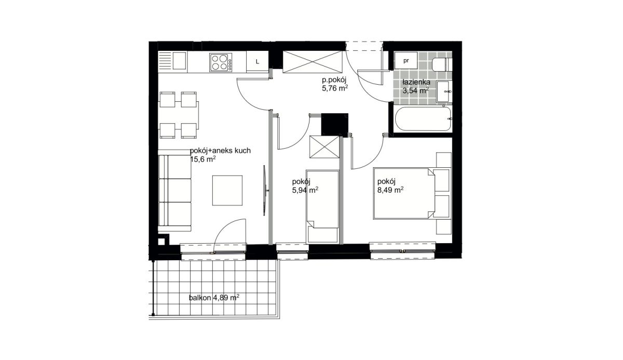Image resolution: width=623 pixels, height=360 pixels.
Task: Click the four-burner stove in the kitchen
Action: (x=221, y=62)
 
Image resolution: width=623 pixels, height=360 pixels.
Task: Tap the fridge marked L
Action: (x=258, y=62)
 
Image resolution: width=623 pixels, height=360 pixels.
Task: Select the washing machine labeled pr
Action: (x=406, y=60)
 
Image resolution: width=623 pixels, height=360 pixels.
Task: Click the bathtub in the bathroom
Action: (x=423, y=119)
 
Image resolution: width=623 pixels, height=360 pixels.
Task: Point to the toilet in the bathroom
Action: (x=442, y=65)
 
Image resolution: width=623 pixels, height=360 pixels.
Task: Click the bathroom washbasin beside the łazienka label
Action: (x=444, y=91)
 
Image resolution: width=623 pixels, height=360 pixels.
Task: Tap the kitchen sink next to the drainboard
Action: (x=180, y=61)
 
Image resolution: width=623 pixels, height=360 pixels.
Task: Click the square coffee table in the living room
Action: (x=227, y=191)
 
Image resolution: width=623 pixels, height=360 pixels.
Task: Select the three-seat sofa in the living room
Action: (x=174, y=191)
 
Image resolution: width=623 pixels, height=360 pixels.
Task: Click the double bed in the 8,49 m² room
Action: (x=404, y=193)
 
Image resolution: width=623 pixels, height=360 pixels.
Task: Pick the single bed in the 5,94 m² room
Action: (x=322, y=206)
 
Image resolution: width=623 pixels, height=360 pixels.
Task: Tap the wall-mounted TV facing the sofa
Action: (x=265, y=190)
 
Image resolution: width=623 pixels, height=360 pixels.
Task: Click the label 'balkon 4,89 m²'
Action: (x=214, y=298)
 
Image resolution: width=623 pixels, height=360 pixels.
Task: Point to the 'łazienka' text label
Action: (x=416, y=83)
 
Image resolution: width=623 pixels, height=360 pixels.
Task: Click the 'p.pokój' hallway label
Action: (x=334, y=81)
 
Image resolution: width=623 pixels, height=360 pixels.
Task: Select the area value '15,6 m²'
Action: (x=203, y=159)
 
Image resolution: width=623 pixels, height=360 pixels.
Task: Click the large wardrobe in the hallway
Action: (x=312, y=62)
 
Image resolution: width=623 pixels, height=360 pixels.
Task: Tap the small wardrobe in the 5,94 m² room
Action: (x=324, y=147)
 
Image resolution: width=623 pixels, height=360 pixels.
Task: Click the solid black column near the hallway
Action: (x=334, y=124)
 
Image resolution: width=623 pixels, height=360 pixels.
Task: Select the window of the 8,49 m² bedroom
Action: (x=402, y=251)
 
